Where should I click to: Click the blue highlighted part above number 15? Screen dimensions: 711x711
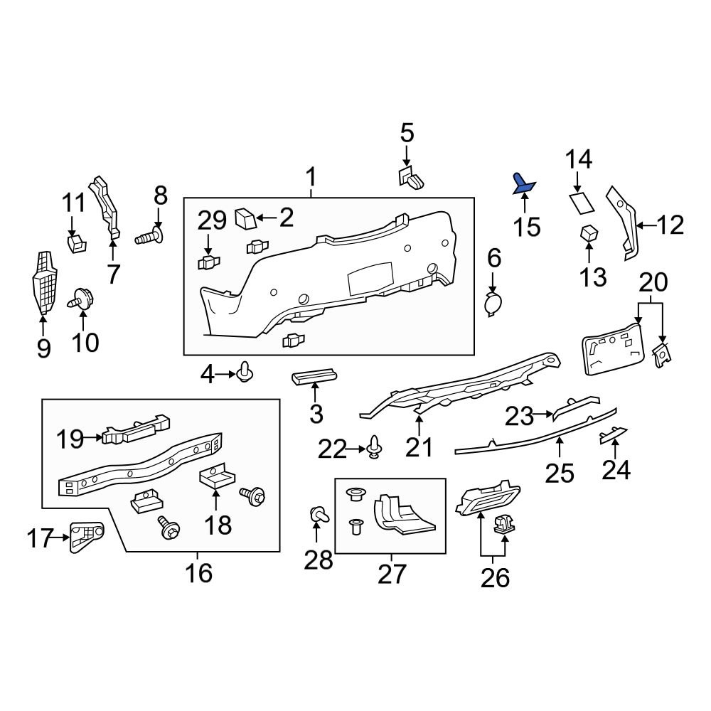(x=524, y=183)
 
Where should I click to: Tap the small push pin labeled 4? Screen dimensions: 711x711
(x=247, y=372)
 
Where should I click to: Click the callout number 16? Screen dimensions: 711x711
(x=199, y=572)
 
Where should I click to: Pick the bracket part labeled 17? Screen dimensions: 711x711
(x=86, y=537)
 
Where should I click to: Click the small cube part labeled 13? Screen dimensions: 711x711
(x=589, y=232)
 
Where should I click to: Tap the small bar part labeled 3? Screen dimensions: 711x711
(x=314, y=376)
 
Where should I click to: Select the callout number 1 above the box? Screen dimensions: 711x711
(x=311, y=175)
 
